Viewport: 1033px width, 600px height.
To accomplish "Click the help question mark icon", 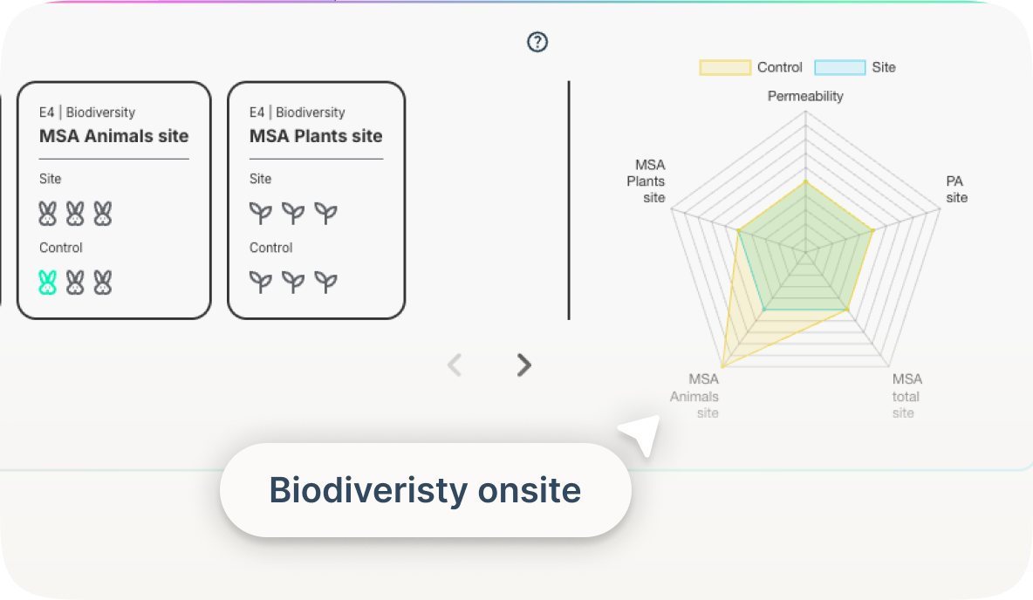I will coord(537,42).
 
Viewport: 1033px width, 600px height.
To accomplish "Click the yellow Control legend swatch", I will coord(724,67).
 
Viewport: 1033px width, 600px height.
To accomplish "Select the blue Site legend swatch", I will coord(839,67).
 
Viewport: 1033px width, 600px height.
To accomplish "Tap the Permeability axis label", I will coord(805,96).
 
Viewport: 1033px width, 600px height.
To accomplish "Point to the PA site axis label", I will coord(956,189).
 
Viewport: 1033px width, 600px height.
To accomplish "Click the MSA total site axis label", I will coord(906,395).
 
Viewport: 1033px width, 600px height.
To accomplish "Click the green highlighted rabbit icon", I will coord(48,283).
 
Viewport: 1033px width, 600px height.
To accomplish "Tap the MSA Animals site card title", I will coord(114,136).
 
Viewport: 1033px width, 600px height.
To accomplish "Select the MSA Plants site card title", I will coord(316,136).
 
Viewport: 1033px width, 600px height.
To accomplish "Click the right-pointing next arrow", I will coord(523,365).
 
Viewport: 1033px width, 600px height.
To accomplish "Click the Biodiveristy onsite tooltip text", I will coord(425,490).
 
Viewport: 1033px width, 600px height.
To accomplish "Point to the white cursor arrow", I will coord(640,434).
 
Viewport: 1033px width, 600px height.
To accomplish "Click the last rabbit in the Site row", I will coord(103,214).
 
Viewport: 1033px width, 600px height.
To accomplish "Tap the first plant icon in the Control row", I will coord(261,282).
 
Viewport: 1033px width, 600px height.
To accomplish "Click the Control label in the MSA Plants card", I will coord(270,248).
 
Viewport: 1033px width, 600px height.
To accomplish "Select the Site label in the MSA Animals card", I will coord(51,179).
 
